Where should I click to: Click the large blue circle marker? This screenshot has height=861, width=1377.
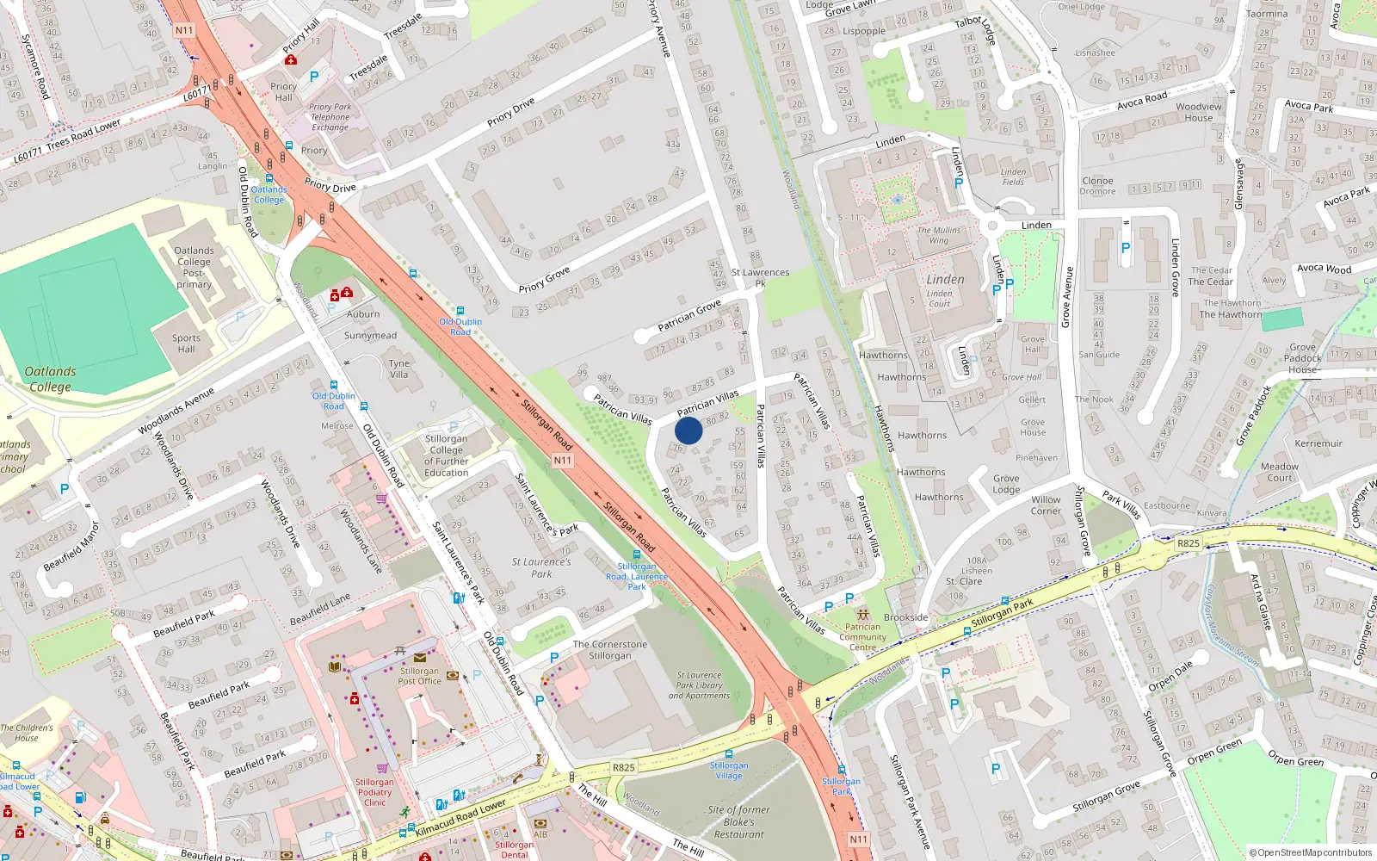pos(688,430)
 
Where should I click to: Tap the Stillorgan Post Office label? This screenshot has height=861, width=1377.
pos(419,676)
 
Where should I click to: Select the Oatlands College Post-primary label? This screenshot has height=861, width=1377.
pos(194,267)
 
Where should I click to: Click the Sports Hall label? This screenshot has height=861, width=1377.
pos(186,344)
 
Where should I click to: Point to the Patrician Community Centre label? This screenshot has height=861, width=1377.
pos(862,637)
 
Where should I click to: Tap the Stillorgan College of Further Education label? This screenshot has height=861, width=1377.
pos(446,455)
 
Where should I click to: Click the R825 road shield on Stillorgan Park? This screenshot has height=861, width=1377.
pos(1189,543)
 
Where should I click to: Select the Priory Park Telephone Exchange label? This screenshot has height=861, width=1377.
pos(330,117)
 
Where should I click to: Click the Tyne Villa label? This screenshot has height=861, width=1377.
pos(398,369)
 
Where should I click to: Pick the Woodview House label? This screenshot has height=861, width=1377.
pos(1199,113)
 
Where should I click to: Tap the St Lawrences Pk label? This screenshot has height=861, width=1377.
pos(760,277)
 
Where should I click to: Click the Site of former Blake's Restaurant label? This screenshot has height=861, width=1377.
pos(738,821)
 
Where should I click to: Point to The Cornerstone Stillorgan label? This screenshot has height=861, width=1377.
pos(610,650)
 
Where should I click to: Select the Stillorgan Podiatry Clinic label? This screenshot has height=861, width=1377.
pos(374,792)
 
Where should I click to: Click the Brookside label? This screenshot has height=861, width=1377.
pos(906,617)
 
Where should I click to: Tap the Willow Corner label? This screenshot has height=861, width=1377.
pos(1046,505)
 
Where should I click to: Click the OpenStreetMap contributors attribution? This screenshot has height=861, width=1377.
pos(1311,852)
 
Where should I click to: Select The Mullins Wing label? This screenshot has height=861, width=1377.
pos(939,235)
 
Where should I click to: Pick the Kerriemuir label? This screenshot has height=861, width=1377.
pos(1318,443)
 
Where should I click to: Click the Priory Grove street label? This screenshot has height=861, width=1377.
pos(544,279)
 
